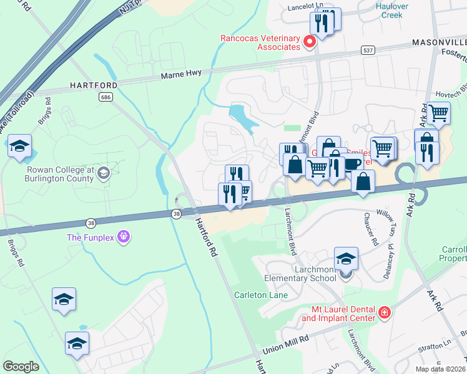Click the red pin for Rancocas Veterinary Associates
(308, 42)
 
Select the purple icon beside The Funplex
(124, 237)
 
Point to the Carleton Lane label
(261, 295)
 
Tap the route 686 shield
(104, 97)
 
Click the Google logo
(21, 367)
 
